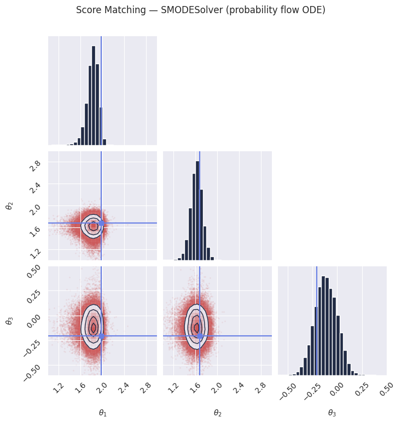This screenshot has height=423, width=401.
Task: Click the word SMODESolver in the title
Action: (192, 10)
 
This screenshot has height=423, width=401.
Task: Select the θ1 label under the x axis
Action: (103, 413)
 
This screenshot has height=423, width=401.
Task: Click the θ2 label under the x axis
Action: (218, 413)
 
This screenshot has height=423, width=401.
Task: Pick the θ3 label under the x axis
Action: (332, 413)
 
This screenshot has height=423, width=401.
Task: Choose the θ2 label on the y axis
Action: (9, 206)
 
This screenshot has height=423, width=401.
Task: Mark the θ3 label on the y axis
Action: (9, 321)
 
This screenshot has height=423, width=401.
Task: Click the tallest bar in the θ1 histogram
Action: (94, 95)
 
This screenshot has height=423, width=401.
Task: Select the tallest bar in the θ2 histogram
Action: (197, 211)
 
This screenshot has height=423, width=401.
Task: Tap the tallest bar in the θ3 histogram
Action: (323, 325)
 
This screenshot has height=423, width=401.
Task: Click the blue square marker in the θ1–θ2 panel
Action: (101, 223)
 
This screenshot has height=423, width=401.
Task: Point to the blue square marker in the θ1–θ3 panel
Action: (101, 336)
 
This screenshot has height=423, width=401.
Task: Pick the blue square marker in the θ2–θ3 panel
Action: (200, 336)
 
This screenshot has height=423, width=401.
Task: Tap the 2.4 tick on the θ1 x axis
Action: (124, 388)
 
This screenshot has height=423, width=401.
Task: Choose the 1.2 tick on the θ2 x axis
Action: (173, 388)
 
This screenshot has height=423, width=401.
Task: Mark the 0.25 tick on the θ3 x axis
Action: (362, 389)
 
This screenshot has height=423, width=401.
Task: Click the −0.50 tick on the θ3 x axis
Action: (288, 391)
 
